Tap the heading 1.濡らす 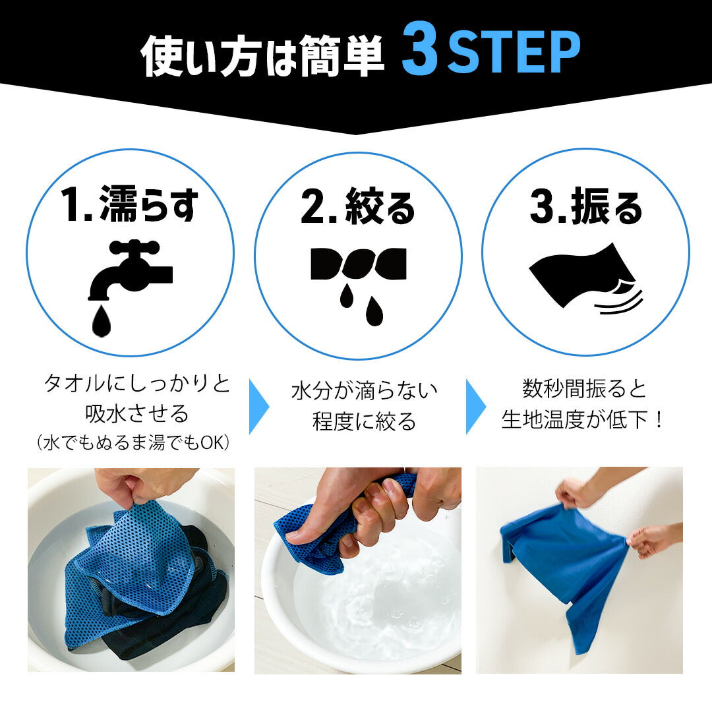(131, 204)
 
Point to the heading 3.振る (586, 207)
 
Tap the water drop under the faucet (102, 320)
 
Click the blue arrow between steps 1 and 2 (258, 406)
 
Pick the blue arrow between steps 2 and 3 (475, 406)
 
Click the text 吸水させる (136, 413)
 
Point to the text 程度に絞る (364, 421)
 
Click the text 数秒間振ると (584, 389)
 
